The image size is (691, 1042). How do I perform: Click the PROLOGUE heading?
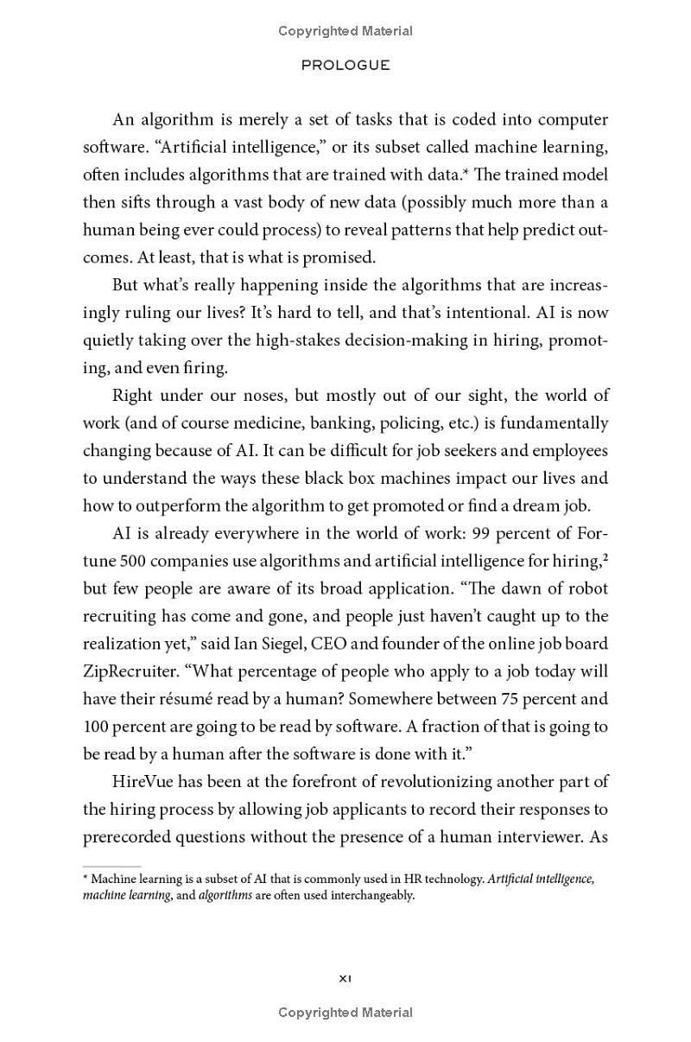[x=345, y=65]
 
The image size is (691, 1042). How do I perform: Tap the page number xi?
[x=345, y=978]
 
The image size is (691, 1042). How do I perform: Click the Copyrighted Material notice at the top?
[x=345, y=31]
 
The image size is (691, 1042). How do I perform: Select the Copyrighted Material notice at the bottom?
[x=345, y=1013]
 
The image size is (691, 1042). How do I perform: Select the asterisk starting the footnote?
[x=86, y=878]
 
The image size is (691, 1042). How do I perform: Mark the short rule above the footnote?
[x=111, y=866]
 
